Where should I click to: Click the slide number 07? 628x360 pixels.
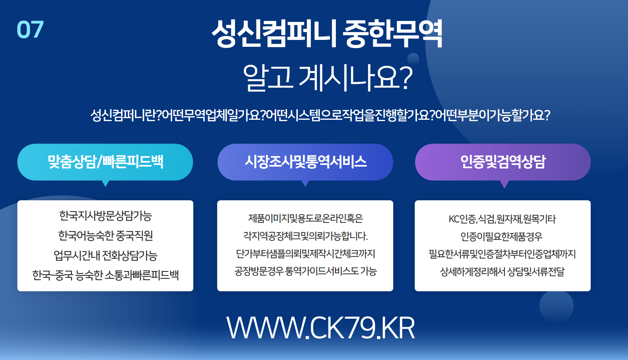point(30,29)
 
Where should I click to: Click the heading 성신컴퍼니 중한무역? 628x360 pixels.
point(327,34)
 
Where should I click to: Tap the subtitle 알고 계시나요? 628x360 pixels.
point(327,77)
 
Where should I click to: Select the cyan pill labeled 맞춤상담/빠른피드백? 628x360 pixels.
point(105,162)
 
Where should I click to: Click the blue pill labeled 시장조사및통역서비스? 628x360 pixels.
point(305,162)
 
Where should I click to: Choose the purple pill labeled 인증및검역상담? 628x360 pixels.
point(503,162)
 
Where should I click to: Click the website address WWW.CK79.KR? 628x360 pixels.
point(321,328)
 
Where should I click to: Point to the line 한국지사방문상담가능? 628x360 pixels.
point(105,216)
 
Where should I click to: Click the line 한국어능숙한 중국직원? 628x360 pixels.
point(105,236)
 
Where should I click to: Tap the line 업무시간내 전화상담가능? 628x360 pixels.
point(105,256)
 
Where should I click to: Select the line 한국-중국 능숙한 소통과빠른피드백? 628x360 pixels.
point(105,275)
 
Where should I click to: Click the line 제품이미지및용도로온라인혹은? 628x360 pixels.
point(305,218)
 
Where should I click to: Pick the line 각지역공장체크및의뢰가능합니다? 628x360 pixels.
point(305,236)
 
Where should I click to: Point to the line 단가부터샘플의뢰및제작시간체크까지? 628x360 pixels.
point(305,254)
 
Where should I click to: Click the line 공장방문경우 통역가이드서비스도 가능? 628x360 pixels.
point(305,271)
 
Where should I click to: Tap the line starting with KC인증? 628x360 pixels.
point(502,219)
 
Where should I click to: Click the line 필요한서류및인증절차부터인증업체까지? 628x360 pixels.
point(502,254)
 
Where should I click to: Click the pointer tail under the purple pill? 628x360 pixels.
point(504,184)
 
